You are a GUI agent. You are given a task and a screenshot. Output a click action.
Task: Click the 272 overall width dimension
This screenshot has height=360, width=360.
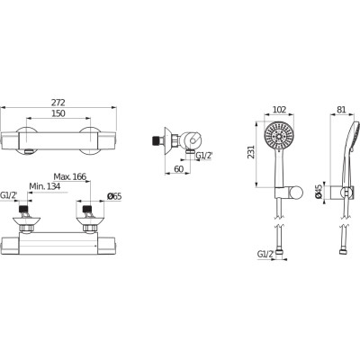58,103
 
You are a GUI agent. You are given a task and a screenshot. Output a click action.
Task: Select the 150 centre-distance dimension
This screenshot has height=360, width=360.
58,113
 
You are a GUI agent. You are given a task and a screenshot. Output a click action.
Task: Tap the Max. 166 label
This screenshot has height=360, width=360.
70,176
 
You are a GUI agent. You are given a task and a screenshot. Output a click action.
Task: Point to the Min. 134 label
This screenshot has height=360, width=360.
44,186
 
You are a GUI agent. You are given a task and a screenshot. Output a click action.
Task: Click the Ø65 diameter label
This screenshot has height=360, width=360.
114,196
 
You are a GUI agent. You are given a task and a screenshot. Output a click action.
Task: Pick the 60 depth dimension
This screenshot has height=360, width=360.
179,169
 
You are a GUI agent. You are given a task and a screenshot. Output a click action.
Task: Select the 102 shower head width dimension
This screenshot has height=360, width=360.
279,110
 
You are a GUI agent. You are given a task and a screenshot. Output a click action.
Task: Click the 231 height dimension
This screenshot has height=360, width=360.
251,152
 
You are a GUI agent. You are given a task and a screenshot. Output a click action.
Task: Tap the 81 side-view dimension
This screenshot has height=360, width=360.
341,110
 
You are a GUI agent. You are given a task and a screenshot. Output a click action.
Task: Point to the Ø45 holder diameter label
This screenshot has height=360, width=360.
319,192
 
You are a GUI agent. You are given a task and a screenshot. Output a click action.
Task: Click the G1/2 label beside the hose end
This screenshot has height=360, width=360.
265,254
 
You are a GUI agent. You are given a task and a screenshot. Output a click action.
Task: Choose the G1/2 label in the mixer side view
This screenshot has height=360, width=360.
204,156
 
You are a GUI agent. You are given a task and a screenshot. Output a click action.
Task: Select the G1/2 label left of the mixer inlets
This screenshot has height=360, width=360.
9,195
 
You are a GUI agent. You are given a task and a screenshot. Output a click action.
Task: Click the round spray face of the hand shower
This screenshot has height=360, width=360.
279,136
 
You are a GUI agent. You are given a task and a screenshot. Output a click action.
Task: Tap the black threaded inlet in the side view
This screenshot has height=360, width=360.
157,139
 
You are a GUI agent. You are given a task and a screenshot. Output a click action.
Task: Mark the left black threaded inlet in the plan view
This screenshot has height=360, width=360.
23,209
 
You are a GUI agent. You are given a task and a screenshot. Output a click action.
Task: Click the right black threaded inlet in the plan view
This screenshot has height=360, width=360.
86,209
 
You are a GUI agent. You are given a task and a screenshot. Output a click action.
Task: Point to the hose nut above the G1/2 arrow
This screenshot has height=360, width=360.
279,251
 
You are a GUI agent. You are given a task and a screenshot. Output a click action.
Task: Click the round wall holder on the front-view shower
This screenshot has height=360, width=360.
296,193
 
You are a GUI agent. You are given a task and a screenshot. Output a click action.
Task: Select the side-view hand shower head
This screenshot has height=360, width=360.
351,135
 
